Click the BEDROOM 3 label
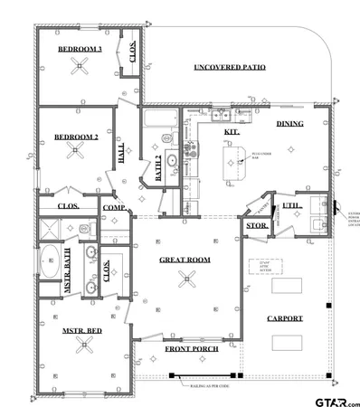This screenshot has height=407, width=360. click(80, 49)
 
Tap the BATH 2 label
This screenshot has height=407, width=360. click(159, 169)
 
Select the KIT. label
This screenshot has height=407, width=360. click(232, 132)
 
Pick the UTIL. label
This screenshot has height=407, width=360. click(290, 206)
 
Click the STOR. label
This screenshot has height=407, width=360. click(254, 226)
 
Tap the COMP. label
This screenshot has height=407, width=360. click(114, 208)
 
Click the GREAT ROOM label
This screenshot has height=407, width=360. click(185, 260)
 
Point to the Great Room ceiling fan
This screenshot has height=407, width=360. click(187, 278)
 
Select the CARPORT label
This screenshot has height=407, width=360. click(285, 318)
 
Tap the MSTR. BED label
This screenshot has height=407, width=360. click(81, 331)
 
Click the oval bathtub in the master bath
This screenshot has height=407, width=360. click(52, 258)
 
